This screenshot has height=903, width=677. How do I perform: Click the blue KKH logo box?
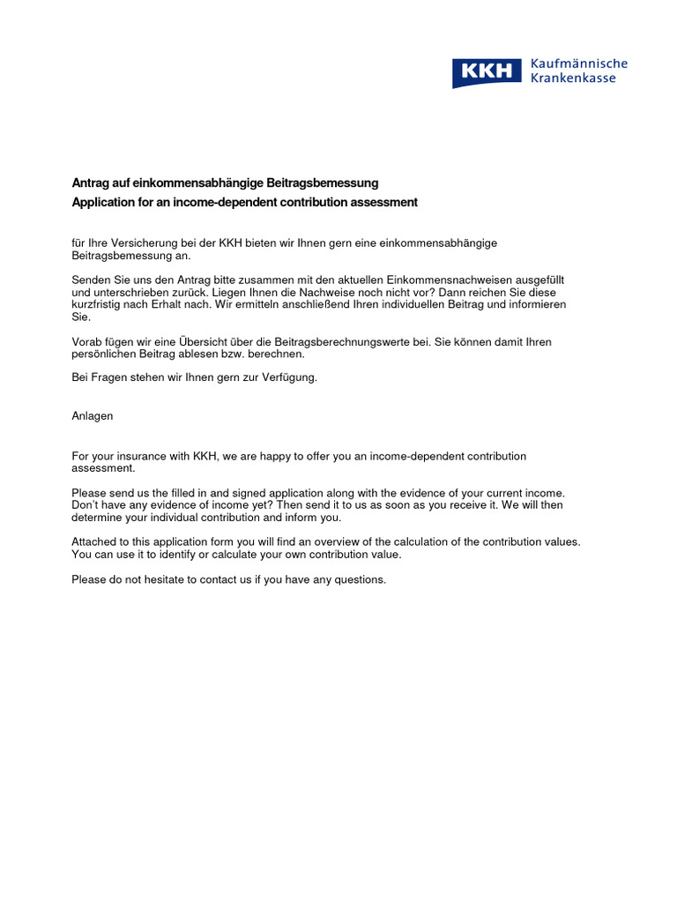(x=487, y=72)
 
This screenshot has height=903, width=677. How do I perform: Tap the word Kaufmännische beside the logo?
(x=578, y=63)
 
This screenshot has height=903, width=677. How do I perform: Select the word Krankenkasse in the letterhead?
(x=573, y=78)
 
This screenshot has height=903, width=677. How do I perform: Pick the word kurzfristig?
(x=100, y=304)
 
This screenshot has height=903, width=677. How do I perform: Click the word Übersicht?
(x=213, y=341)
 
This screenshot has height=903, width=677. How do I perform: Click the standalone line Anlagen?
(x=93, y=415)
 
